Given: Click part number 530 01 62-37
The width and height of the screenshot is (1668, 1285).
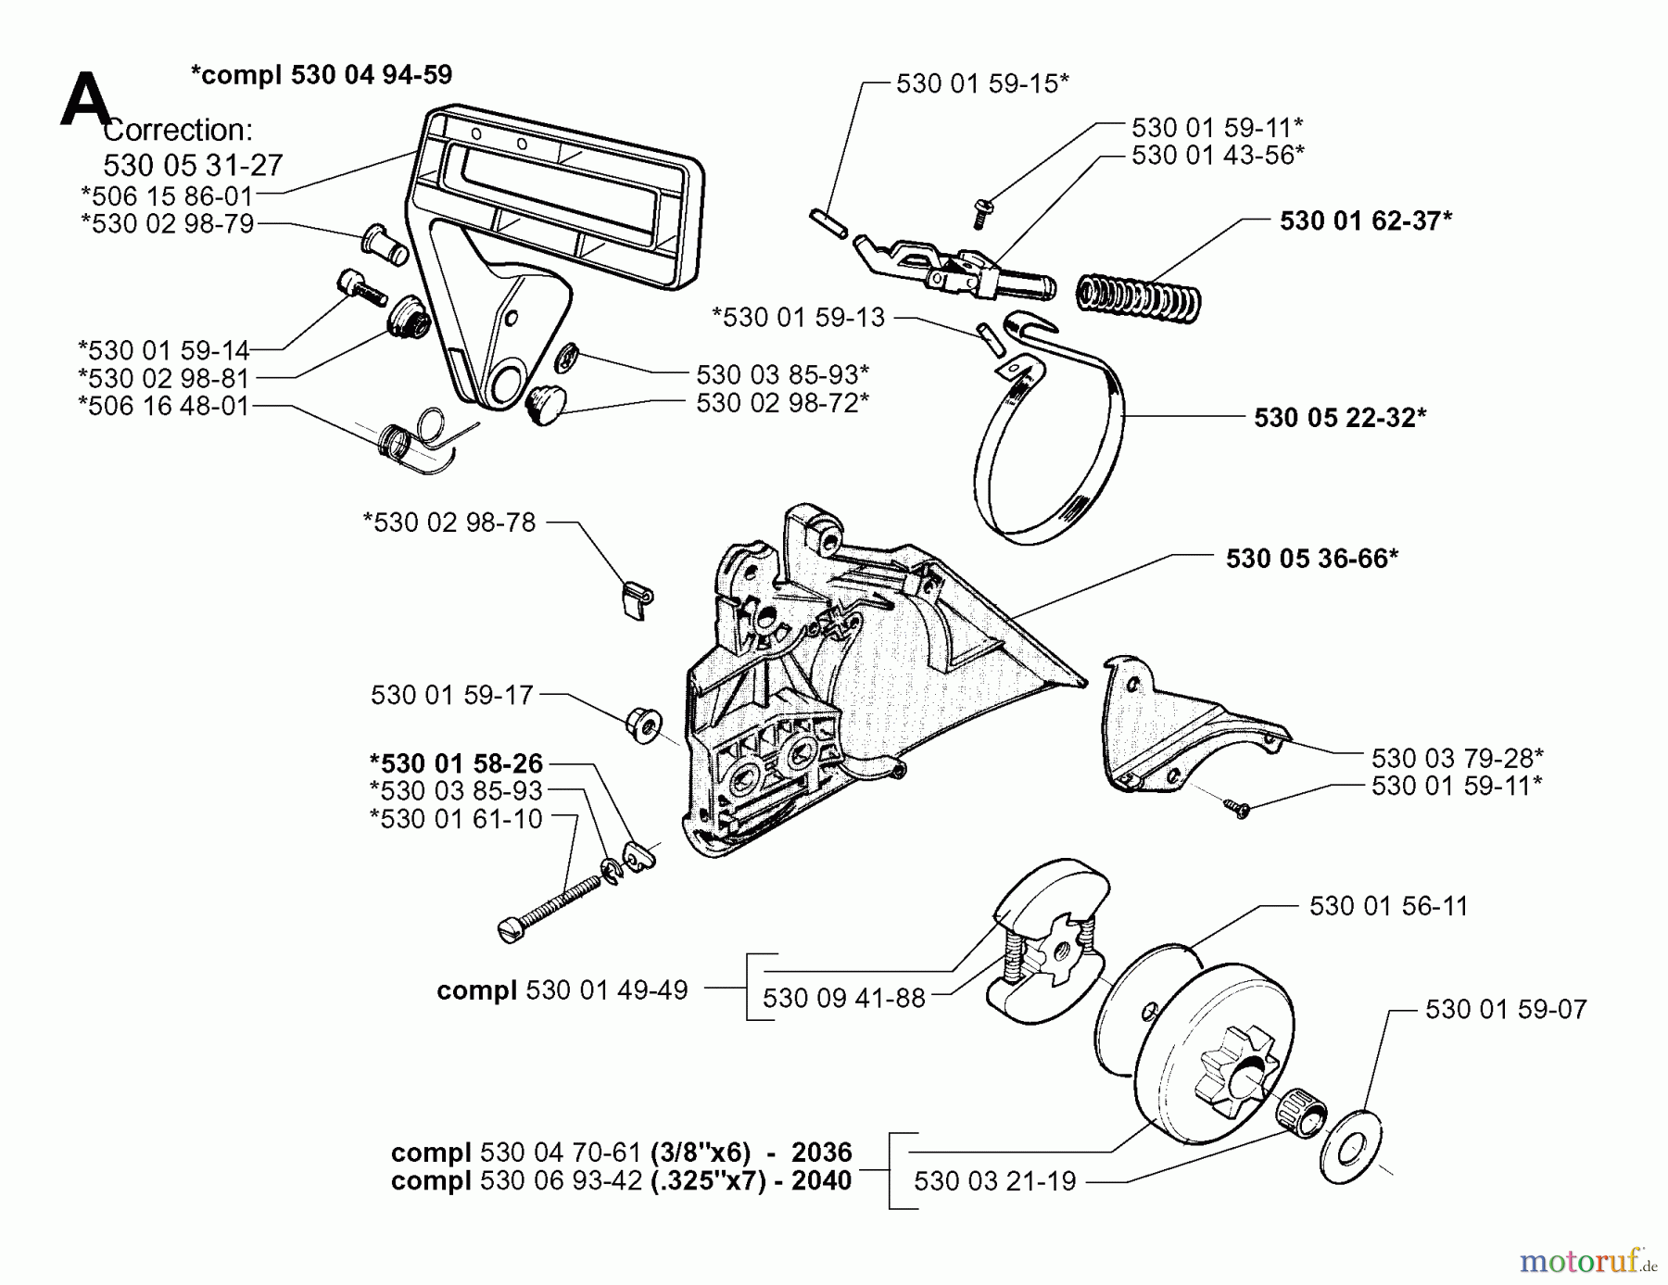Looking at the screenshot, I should coord(1365,220).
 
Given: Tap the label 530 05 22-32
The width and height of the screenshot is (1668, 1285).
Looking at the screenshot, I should coord(1339,417).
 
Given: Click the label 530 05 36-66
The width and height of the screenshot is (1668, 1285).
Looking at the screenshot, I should coord(1311,558).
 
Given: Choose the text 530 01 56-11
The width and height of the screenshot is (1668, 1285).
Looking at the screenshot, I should coord(1388,906).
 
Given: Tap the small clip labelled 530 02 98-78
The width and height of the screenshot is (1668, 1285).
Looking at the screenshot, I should coord(636,598).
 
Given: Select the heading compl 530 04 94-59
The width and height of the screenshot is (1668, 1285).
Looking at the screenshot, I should coord(322,74).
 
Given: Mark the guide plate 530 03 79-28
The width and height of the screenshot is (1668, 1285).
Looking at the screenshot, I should coord(1177,732).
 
